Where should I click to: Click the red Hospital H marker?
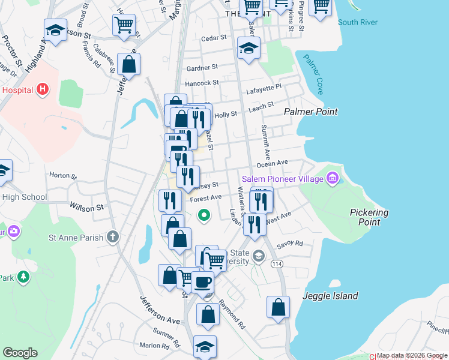[x=42, y=90]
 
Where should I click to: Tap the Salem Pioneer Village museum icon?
[x=333, y=178]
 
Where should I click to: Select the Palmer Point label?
[x=310, y=112]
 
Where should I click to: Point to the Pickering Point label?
[x=369, y=217]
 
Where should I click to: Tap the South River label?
[x=357, y=23]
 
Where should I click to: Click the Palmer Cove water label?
[x=313, y=74]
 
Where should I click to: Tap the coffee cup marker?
[x=203, y=281]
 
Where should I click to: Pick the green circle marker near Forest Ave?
[x=204, y=214]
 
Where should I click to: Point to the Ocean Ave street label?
[x=273, y=163]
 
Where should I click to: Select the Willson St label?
[x=86, y=208]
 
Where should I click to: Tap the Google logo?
[x=20, y=353]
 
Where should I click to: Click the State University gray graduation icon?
[x=258, y=256]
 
